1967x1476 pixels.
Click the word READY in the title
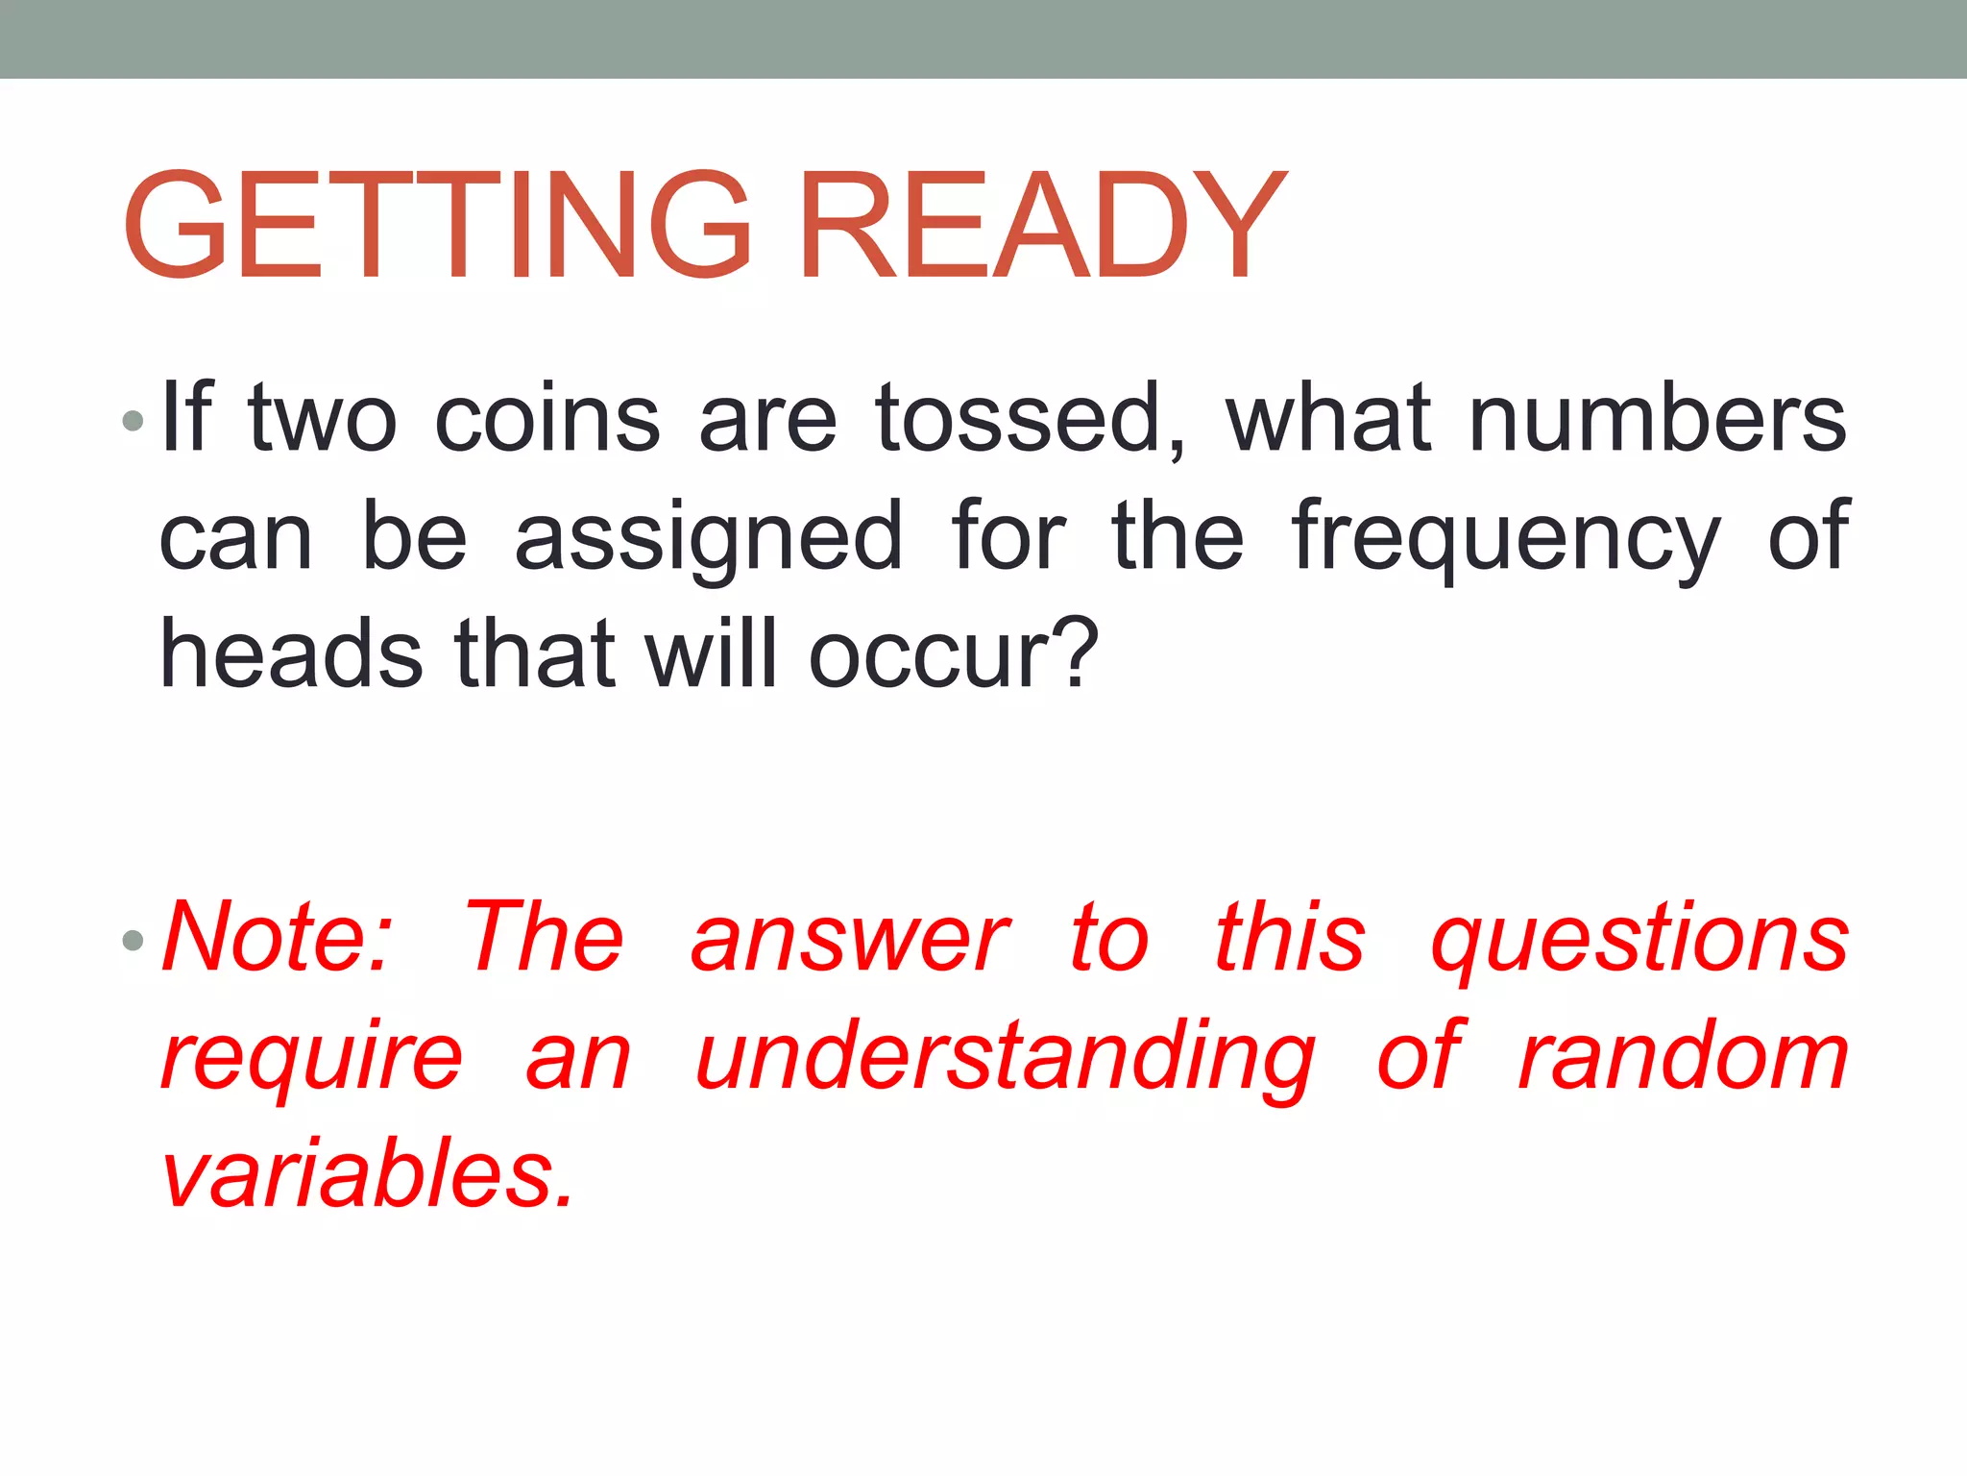tap(1042, 225)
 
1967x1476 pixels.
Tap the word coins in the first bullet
tap(547, 419)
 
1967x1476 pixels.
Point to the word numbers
tap(1658, 419)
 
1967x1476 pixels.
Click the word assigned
tap(709, 538)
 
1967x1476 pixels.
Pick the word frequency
tap(1506, 538)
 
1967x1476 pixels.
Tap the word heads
tap(291, 655)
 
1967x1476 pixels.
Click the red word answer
tap(849, 938)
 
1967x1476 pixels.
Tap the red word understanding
tap(1004, 1057)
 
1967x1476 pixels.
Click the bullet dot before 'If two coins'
tap(134, 420)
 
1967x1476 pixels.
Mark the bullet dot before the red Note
tap(134, 939)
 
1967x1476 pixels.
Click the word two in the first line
tap(323, 419)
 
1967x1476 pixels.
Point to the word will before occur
tap(710, 655)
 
